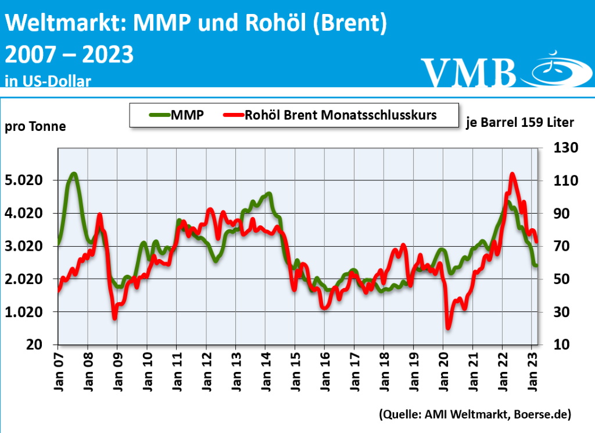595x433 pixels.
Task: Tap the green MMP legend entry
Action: point(174,115)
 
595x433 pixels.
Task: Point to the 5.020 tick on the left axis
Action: point(25,180)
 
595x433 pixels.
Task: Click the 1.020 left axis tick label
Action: point(25,312)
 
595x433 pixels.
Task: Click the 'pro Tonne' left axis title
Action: point(35,126)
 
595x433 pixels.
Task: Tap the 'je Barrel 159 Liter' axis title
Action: point(519,122)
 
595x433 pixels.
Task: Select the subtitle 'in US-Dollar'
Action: point(48,81)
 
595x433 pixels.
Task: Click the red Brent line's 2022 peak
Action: point(512,174)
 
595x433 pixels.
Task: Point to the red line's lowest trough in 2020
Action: point(449,328)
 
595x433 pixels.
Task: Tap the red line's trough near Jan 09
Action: point(114,317)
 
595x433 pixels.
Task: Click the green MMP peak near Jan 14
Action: point(268,193)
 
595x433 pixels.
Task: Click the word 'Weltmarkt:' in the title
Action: point(65,24)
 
